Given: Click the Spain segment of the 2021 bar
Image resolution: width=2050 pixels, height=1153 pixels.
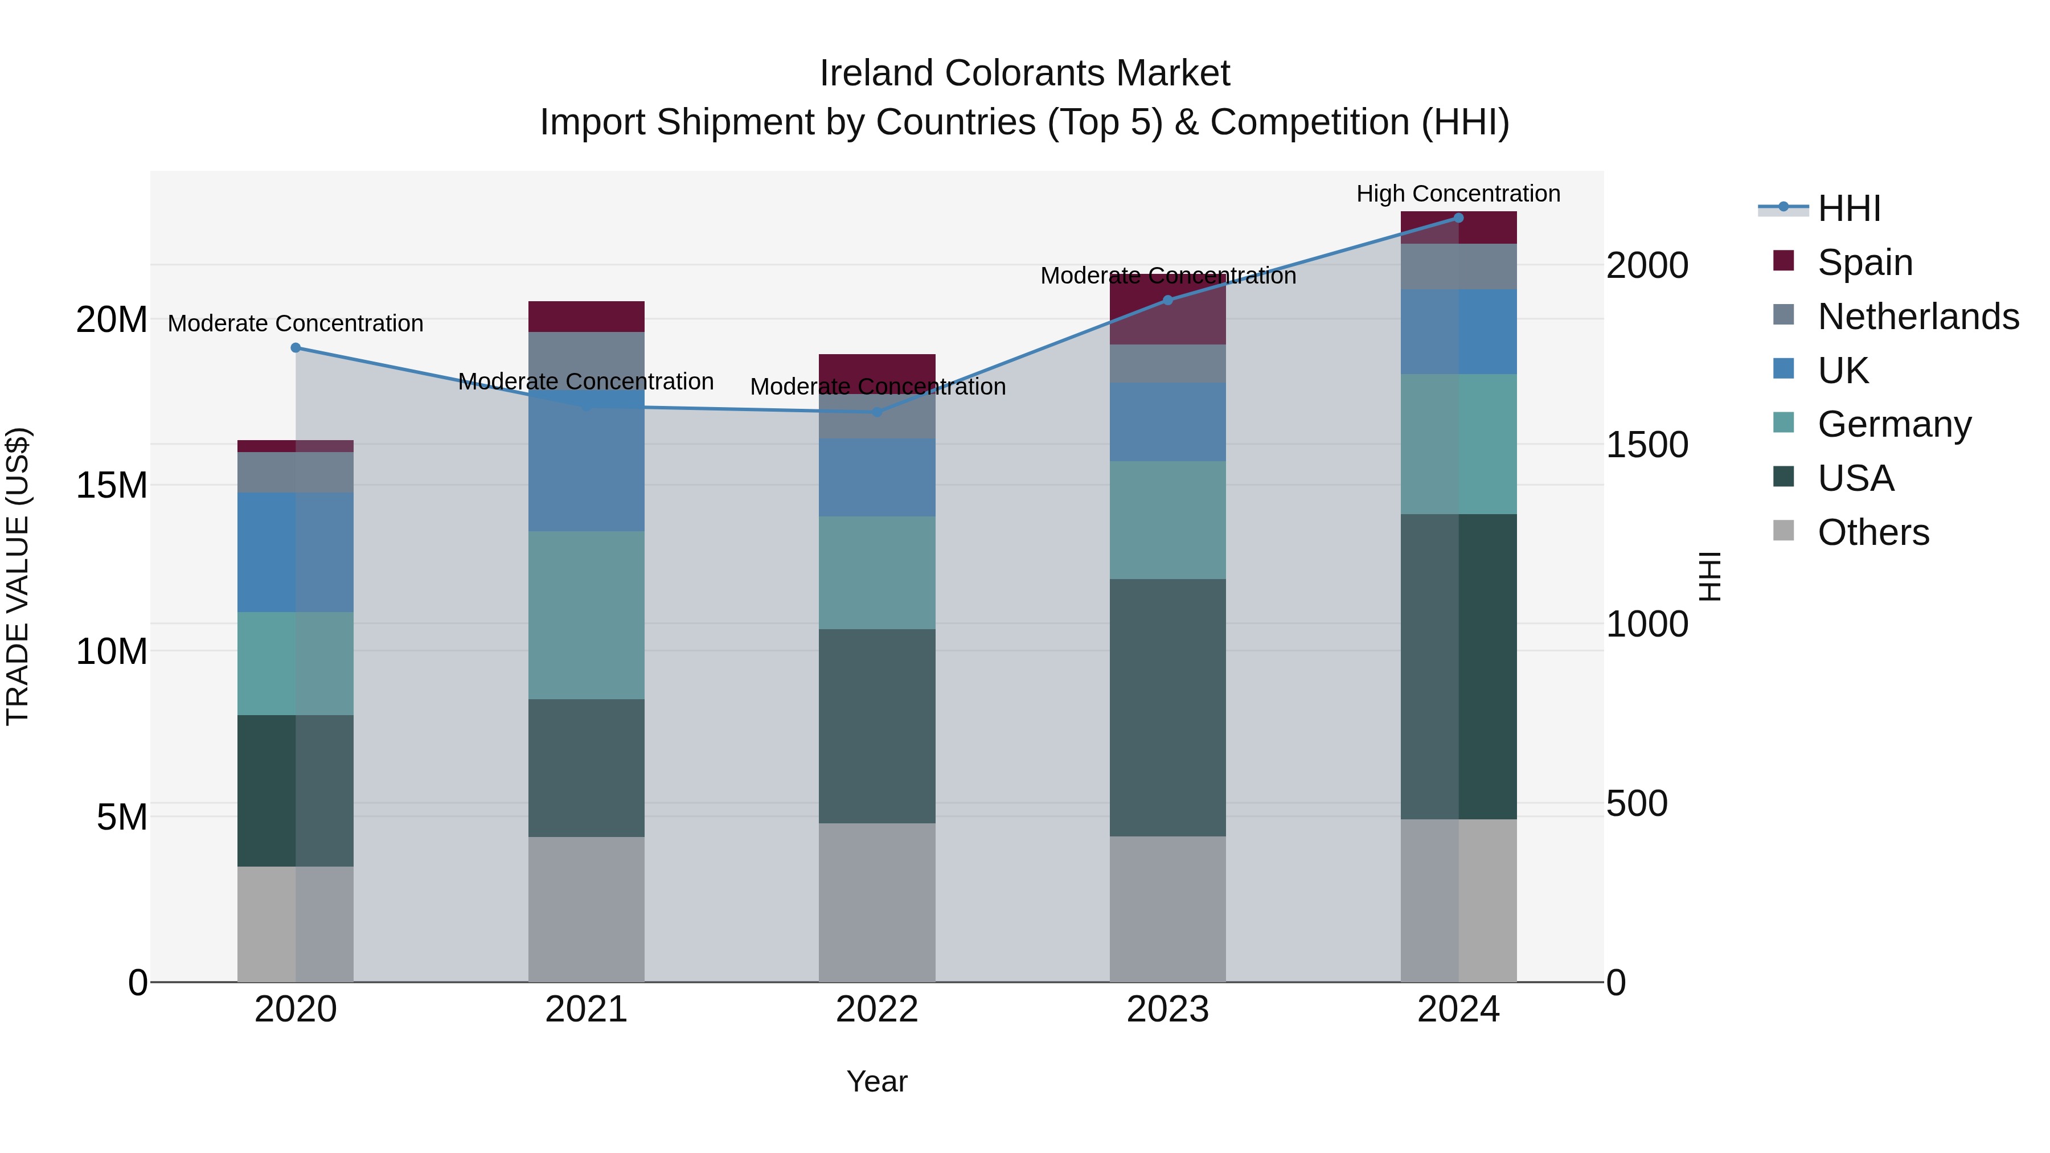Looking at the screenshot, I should pos(586,317).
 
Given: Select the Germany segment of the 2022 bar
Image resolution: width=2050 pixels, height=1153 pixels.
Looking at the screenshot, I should pos(877,572).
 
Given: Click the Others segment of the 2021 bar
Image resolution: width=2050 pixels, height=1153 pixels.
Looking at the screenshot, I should pos(586,909).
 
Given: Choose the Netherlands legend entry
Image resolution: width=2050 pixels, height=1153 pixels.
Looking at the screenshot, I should pos(1918,317).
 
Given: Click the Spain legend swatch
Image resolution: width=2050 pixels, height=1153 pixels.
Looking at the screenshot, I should pos(1783,261).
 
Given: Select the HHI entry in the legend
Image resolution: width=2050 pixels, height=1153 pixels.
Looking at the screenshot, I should pos(1848,208).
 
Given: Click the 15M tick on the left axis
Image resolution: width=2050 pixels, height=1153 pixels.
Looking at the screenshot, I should pos(112,485).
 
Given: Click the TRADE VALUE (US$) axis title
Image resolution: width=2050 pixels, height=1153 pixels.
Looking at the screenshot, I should pos(18,576).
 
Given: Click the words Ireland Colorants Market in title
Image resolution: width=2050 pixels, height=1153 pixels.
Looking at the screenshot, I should pos(1024,73).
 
